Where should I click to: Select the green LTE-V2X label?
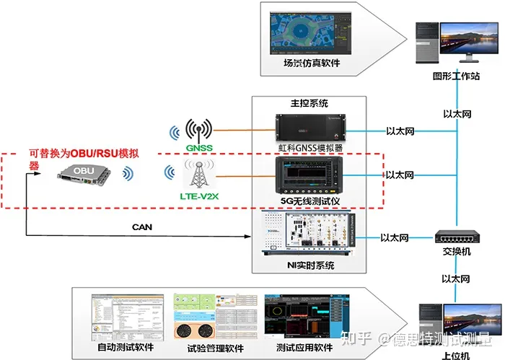click(198, 196)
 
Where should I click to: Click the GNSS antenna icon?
click(198, 128)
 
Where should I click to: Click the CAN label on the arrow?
click(142, 227)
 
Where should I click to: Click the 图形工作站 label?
click(456, 75)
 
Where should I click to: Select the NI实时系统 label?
click(310, 265)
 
